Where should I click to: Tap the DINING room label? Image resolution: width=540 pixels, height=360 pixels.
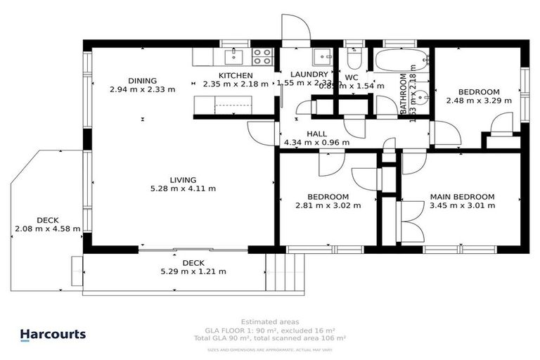point(142,80)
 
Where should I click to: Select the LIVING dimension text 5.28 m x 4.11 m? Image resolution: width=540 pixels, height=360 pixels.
point(183,188)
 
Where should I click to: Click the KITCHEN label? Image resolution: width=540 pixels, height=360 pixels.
point(236,75)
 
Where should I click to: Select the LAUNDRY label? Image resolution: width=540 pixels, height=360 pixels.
point(309,75)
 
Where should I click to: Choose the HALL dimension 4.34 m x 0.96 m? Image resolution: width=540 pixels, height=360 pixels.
point(316,142)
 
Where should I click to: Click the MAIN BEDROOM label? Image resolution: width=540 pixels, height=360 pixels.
point(462,197)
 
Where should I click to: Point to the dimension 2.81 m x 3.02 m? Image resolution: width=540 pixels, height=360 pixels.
point(328,206)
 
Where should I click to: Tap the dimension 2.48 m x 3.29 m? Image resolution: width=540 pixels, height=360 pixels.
point(479,101)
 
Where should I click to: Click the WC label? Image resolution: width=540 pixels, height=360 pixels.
point(352,77)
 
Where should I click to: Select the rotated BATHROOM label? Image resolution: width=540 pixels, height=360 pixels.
point(404,95)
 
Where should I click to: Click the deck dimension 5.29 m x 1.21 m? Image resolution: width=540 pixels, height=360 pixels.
point(193,271)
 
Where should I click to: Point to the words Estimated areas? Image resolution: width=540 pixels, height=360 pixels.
point(270,321)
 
